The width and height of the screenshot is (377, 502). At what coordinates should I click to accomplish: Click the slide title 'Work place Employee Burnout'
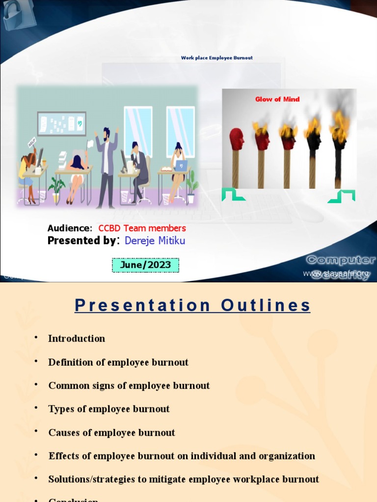click(x=216, y=58)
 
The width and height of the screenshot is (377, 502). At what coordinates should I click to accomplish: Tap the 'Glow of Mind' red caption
click(x=277, y=99)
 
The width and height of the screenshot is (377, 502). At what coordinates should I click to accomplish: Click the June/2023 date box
click(x=145, y=265)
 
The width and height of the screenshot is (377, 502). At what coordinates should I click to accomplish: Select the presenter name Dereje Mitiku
click(x=155, y=241)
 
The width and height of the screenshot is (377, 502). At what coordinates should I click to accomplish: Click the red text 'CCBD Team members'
click(x=142, y=228)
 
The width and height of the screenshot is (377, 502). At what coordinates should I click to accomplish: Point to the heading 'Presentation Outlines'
click(x=192, y=305)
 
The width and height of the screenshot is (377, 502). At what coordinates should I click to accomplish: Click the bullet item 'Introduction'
click(x=77, y=338)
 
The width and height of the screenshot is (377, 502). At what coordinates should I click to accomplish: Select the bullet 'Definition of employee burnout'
click(x=118, y=362)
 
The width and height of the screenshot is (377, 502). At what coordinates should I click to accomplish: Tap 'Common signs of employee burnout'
click(x=129, y=385)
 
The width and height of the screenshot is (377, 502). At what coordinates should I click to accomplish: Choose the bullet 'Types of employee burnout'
click(x=109, y=409)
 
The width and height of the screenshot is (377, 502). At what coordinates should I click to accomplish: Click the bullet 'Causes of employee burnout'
click(x=111, y=432)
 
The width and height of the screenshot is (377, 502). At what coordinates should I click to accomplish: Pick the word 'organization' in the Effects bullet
click(x=286, y=456)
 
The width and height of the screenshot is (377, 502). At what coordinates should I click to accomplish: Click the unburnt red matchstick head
click(x=237, y=139)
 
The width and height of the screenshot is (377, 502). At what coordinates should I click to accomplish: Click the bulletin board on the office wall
click(x=61, y=124)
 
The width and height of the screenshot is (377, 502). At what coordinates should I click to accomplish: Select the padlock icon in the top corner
click(x=15, y=15)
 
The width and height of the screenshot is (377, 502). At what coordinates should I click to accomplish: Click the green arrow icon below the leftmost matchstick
click(x=233, y=195)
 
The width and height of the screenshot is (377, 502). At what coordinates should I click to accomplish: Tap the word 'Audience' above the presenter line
click(x=69, y=228)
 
